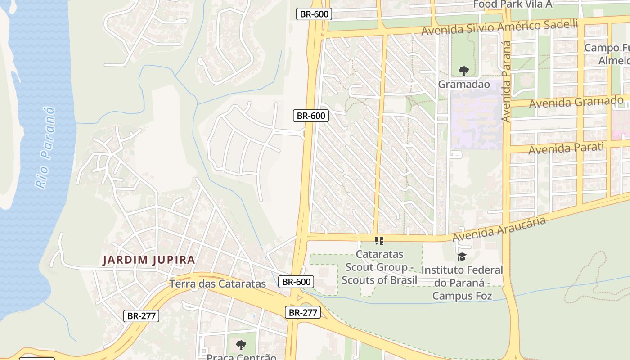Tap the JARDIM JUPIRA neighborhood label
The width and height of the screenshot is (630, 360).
pyautogui.click(x=149, y=260)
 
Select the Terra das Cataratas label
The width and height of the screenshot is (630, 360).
pyautogui.click(x=218, y=284)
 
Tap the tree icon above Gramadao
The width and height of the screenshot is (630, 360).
pyautogui.click(x=463, y=71)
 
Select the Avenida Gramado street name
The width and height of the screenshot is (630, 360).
pyautogui.click(x=576, y=102)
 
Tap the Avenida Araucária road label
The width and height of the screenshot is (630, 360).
pyautogui.click(x=499, y=229)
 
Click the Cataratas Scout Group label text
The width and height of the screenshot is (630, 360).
pyautogui.click(x=379, y=267)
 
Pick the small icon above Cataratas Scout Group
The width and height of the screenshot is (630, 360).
pyautogui.click(x=379, y=241)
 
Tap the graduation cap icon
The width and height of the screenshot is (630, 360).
pyautogui.click(x=462, y=257)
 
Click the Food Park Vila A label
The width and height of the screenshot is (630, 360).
pyautogui.click(x=513, y=4)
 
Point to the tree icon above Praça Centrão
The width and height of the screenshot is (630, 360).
pyautogui.click(x=241, y=345)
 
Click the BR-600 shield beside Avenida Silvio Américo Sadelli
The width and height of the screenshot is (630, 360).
pyautogui.click(x=315, y=14)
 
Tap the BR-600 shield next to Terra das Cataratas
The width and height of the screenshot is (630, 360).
pyautogui.click(x=296, y=282)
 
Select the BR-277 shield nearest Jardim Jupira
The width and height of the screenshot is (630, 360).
pyautogui.click(x=141, y=316)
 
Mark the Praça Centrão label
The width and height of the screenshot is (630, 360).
pyautogui.click(x=241, y=356)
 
